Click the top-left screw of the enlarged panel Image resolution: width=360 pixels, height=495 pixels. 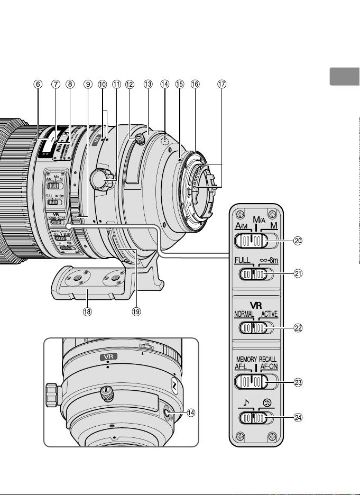pyautogui.click(x=241, y=214)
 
